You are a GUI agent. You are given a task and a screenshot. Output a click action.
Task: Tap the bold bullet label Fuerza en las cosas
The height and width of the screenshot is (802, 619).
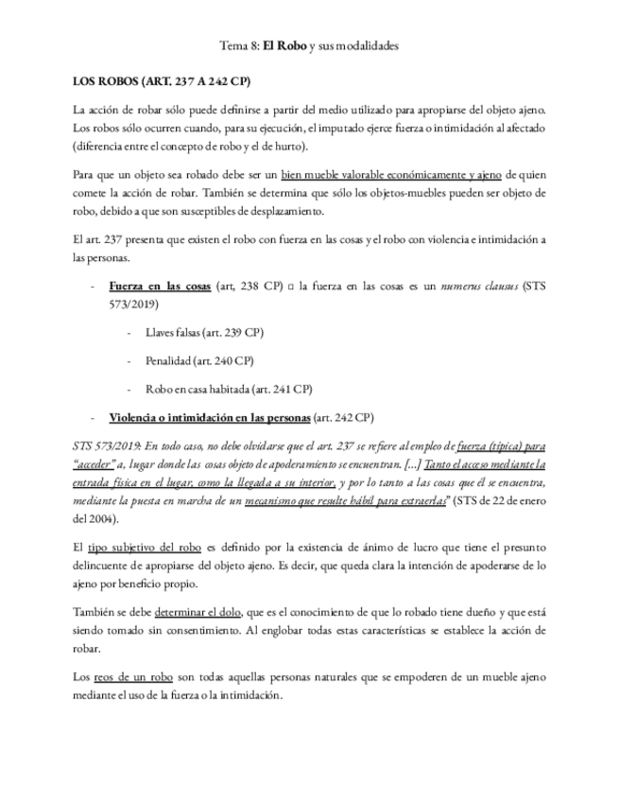pyautogui.click(x=160, y=285)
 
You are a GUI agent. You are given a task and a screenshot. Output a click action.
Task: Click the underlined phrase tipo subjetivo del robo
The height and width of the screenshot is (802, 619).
pyautogui.click(x=143, y=548)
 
